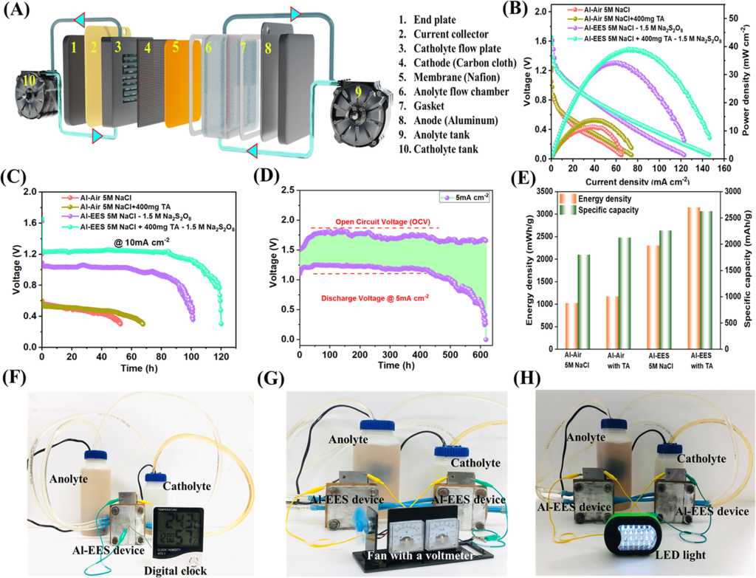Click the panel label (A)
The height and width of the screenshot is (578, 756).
pos(16,10)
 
